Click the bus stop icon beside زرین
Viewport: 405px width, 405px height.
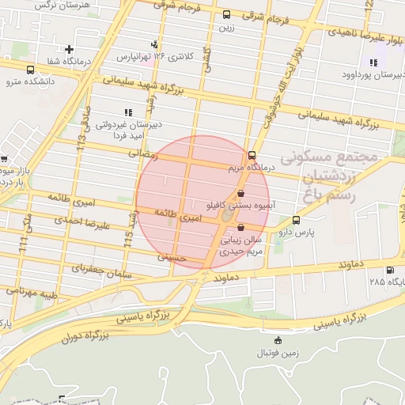[x=227, y=14]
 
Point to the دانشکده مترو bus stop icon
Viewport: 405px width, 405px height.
[x=30, y=70]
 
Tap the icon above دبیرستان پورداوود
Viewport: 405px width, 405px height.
[x=373, y=62]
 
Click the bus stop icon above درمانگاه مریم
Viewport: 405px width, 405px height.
[x=252, y=155]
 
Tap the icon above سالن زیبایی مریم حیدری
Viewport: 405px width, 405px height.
[x=241, y=227]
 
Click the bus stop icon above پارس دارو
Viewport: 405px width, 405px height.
[x=296, y=220]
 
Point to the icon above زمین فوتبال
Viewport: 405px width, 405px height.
[x=276, y=340]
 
